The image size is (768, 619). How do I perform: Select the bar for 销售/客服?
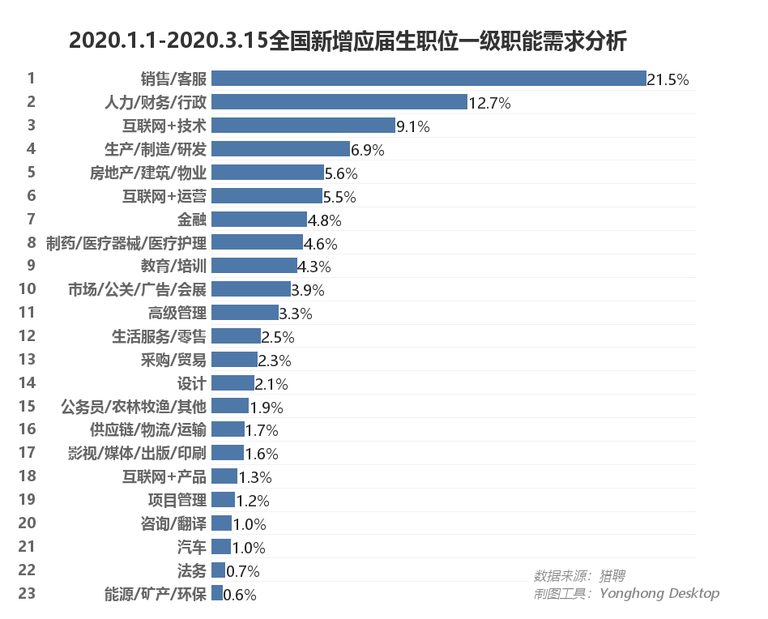[x=429, y=79]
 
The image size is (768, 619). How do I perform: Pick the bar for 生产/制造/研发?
[x=280, y=149]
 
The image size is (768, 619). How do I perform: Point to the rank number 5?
[x=31, y=172]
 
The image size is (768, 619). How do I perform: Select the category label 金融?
[x=192, y=220]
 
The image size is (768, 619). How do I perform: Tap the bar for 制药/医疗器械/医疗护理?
[x=257, y=243]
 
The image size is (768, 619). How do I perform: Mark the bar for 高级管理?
[x=245, y=313]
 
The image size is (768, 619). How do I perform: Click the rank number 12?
[x=27, y=335]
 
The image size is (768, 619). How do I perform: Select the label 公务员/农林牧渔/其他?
[x=134, y=406]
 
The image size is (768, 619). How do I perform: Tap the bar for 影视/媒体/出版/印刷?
[x=228, y=453]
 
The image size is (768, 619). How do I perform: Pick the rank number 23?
[x=27, y=593]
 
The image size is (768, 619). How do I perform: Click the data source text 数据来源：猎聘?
[x=579, y=576]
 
